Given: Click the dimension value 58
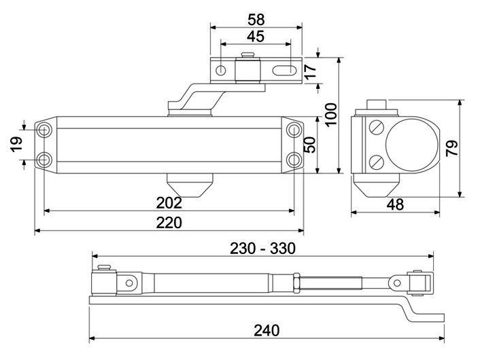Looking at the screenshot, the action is [x=256, y=20].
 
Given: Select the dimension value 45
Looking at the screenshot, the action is [x=256, y=37].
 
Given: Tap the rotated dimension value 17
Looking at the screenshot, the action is [x=311, y=71].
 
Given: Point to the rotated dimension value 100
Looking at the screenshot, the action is [x=331, y=114].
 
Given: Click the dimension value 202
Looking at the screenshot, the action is [x=169, y=202].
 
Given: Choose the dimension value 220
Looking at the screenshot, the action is [x=169, y=222].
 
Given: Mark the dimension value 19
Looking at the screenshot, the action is [x=17, y=144].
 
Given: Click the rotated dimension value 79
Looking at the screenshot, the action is [x=452, y=148].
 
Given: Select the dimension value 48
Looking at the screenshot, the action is [x=395, y=204].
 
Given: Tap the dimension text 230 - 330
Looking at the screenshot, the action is [x=262, y=249].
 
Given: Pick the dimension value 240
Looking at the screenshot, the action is [x=267, y=330].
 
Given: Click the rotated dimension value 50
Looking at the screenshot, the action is [x=310, y=145].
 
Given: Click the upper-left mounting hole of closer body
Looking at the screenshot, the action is [x=44, y=130].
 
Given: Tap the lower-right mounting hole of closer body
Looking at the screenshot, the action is [x=294, y=160].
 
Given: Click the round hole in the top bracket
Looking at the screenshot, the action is [x=221, y=71].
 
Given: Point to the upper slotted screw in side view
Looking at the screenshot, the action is [x=377, y=127].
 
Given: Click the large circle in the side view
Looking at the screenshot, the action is [x=411, y=145].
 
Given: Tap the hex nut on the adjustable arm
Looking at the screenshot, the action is [x=296, y=283].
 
